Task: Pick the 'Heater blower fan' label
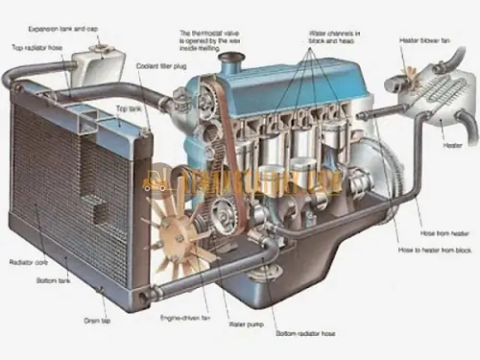point(422,40)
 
